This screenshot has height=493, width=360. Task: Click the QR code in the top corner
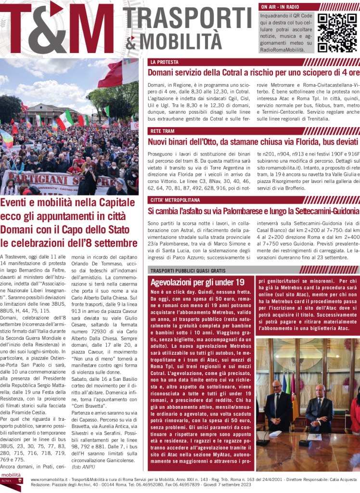[x=337, y=33]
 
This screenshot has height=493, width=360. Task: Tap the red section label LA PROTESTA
[x=164, y=62]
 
